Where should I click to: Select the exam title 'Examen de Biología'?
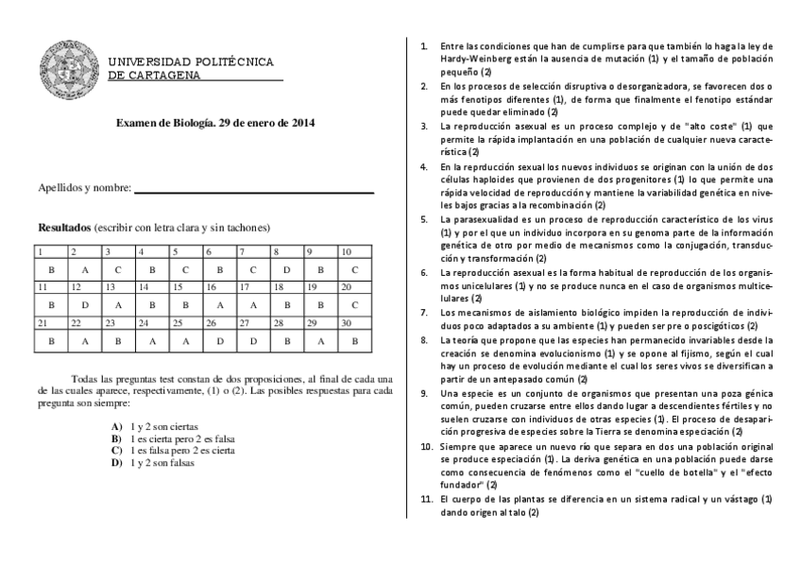[x=164, y=123]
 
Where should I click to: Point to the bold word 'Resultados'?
[x=63, y=228]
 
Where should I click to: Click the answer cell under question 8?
[x=287, y=269]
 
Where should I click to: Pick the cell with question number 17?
[x=253, y=286]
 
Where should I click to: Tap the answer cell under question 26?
[x=219, y=340]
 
